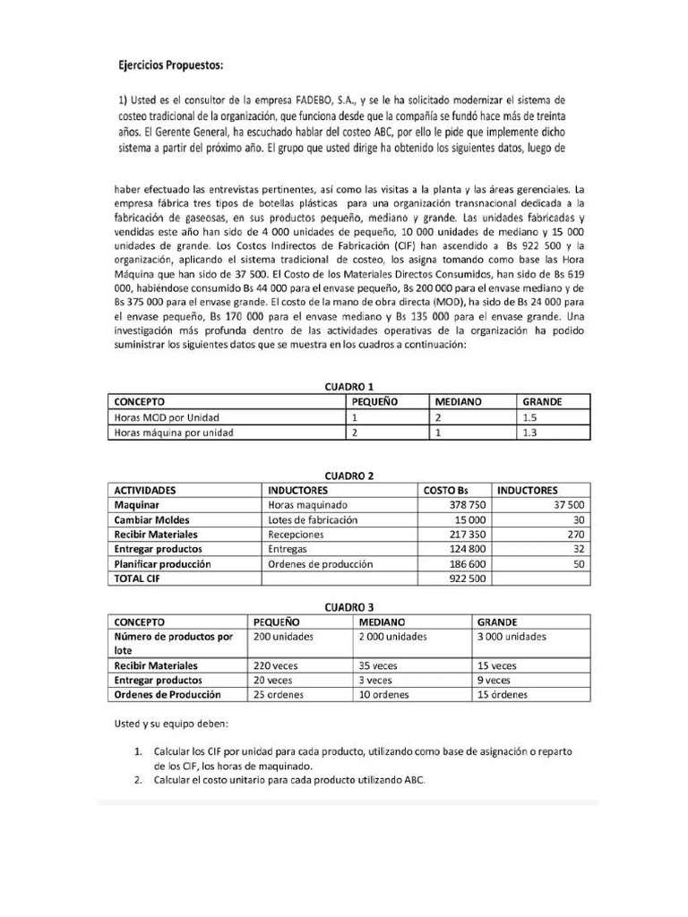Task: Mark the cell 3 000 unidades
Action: pyautogui.click(x=512, y=637)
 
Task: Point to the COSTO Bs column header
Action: pyautogui.click(x=445, y=490)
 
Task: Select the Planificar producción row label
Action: pyautogui.click(x=162, y=564)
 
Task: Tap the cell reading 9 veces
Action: pyautogui.click(x=495, y=681)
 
